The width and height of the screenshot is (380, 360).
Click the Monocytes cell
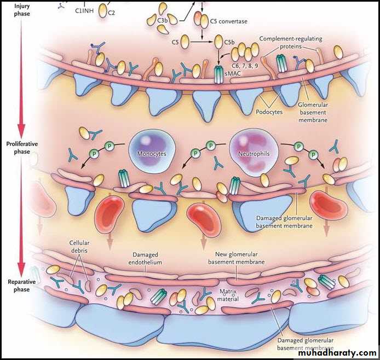(148, 150)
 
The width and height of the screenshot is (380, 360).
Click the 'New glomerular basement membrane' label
(237, 258)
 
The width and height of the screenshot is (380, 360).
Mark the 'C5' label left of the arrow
(175, 42)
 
